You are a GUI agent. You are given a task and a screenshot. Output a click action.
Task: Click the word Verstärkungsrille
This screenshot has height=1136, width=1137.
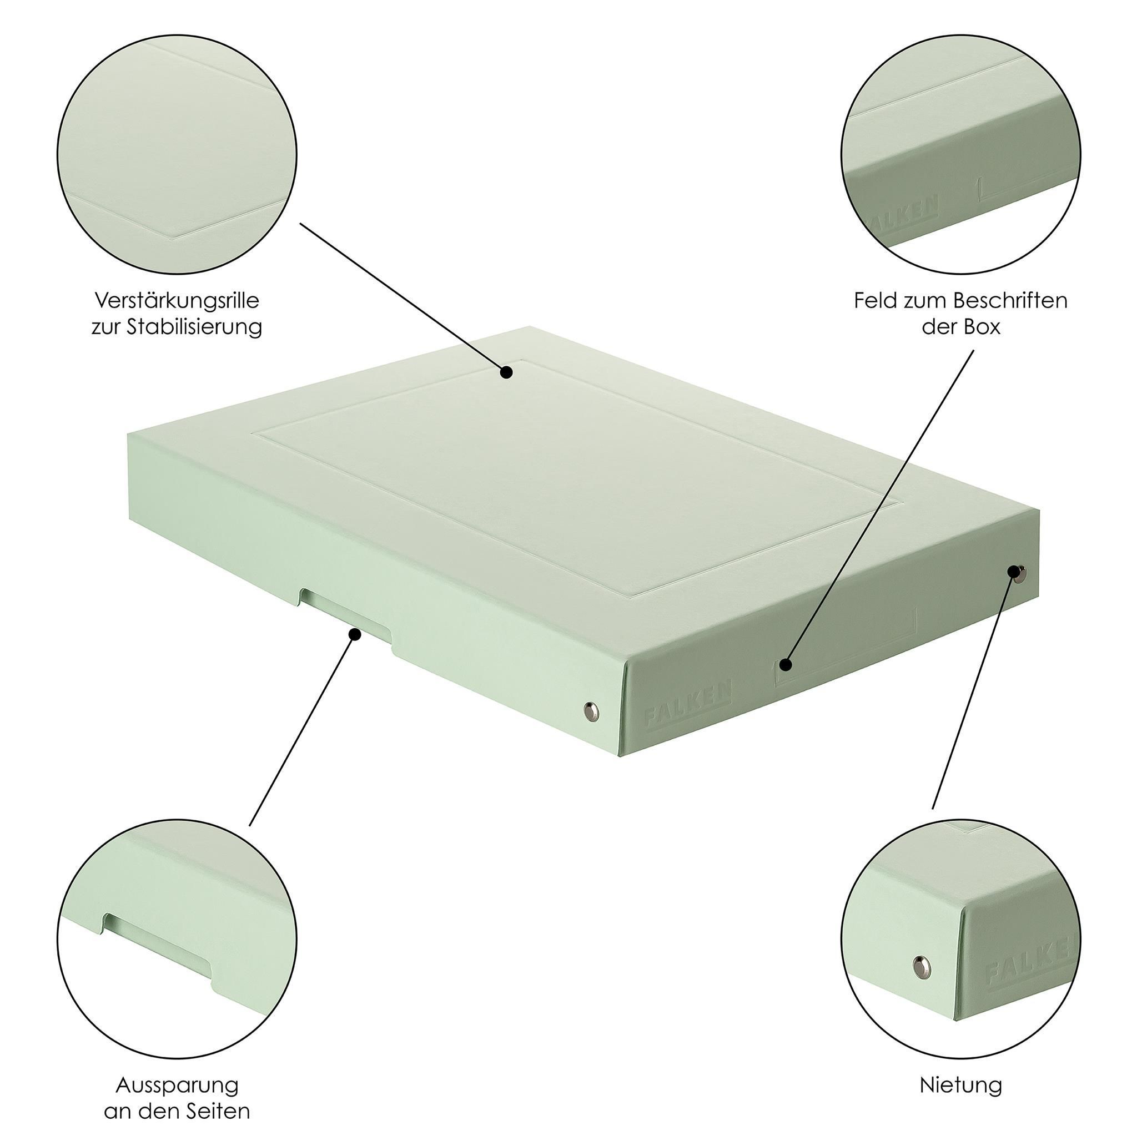point(177,301)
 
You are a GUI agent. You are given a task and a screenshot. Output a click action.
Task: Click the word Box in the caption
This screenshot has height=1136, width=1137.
point(982,326)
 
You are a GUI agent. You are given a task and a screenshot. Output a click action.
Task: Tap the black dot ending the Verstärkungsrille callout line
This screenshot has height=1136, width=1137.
point(506,372)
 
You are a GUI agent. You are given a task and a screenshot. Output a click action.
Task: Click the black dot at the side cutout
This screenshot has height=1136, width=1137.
point(355,634)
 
